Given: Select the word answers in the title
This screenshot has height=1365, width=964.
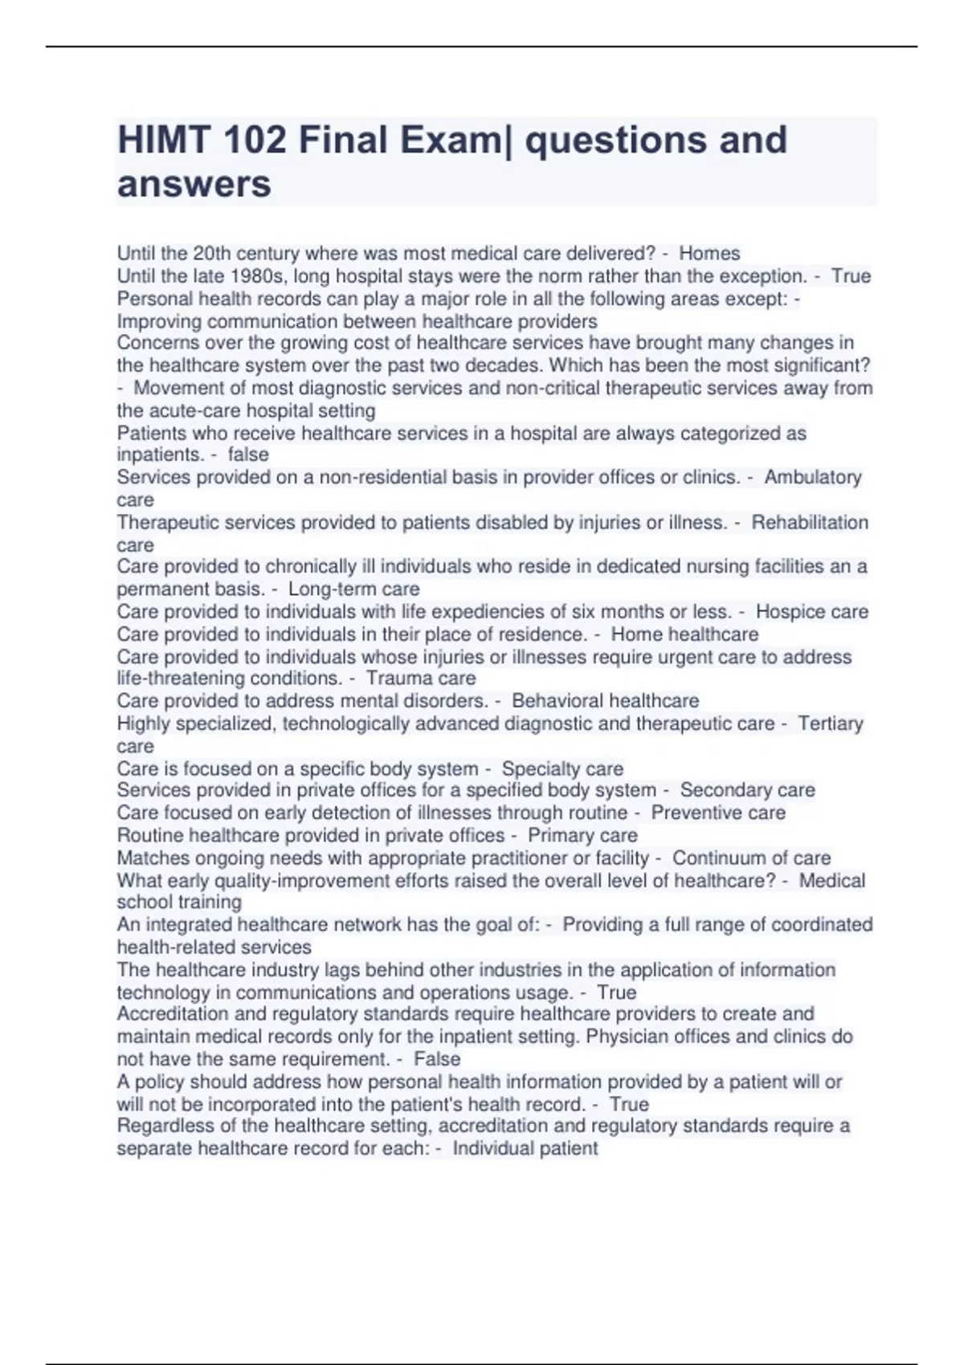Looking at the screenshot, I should pos(194,184).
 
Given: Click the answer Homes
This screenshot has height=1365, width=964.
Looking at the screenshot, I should pos(709,254).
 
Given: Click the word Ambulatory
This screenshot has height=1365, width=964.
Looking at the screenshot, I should pos(812,477).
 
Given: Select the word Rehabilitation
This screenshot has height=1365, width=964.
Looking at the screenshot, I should pos(810,523).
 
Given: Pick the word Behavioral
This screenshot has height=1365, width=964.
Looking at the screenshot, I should pos(564,701).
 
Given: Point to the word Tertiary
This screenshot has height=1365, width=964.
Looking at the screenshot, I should pos(831,723).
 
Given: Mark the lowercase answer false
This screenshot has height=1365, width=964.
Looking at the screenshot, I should pos(248,454).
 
